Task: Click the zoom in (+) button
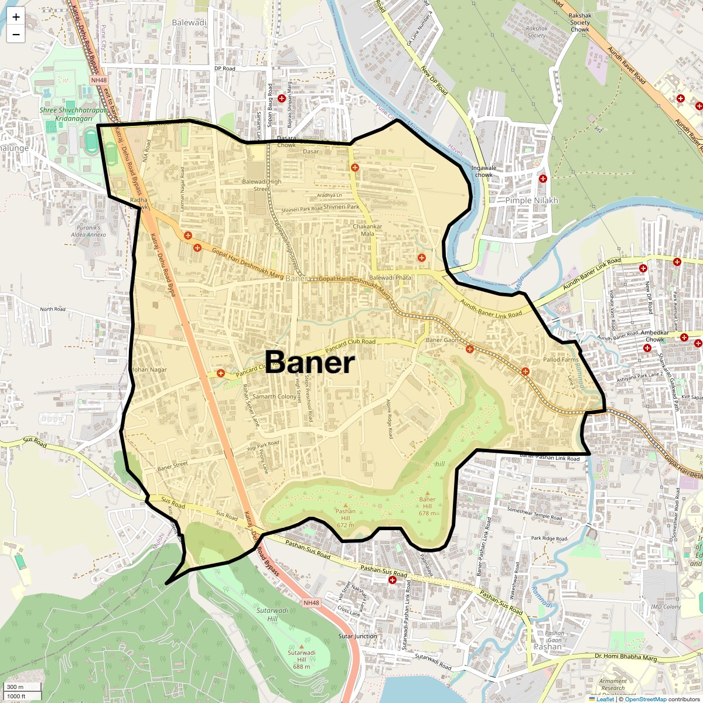click(16, 17)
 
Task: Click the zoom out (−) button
click(16, 35)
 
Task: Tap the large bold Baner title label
click(310, 362)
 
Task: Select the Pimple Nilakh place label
click(531, 200)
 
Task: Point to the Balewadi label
click(189, 23)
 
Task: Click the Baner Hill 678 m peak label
click(427, 506)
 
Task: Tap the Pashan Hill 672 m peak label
click(346, 518)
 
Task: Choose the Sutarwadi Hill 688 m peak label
click(302, 659)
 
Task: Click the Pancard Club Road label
click(350, 345)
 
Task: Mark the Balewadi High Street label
click(262, 185)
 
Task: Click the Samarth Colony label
click(274, 397)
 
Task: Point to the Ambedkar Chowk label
click(655, 336)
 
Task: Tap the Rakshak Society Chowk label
click(580, 23)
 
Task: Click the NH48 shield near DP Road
click(99, 80)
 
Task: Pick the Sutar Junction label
click(357, 636)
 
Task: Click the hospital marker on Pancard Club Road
click(221, 373)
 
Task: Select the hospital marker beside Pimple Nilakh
click(543, 179)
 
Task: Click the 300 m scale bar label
click(16, 687)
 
